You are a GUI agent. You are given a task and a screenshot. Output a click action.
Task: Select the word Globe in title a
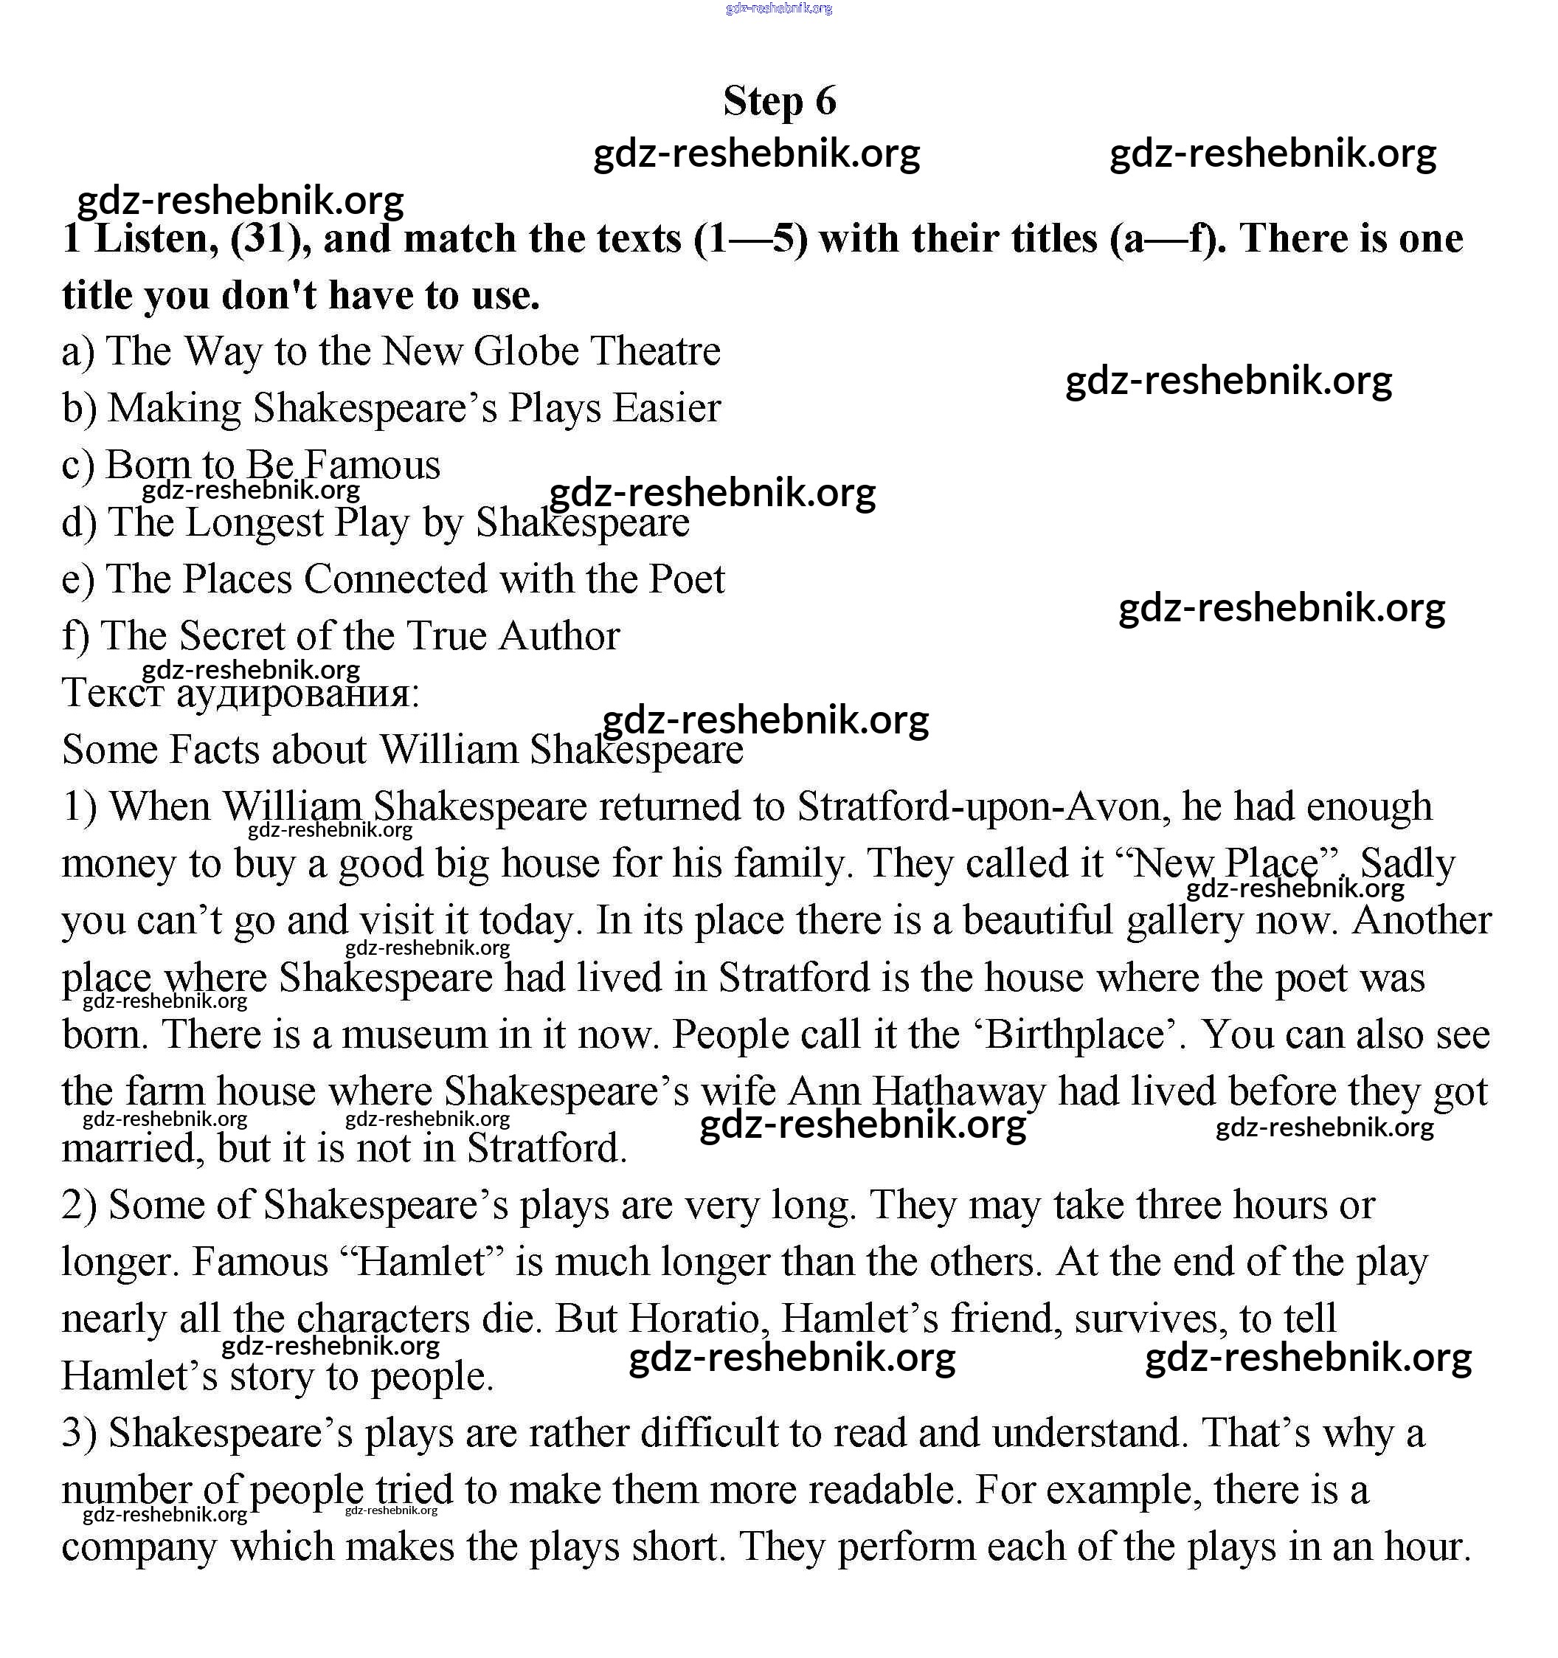[525, 351]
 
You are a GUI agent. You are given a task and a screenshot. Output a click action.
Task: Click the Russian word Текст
[113, 693]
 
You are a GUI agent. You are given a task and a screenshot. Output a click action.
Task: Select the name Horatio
[698, 1319]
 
